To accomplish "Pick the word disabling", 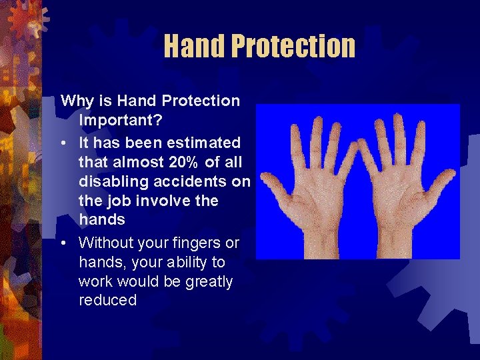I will point(111,181).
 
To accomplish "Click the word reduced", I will point(107,301).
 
